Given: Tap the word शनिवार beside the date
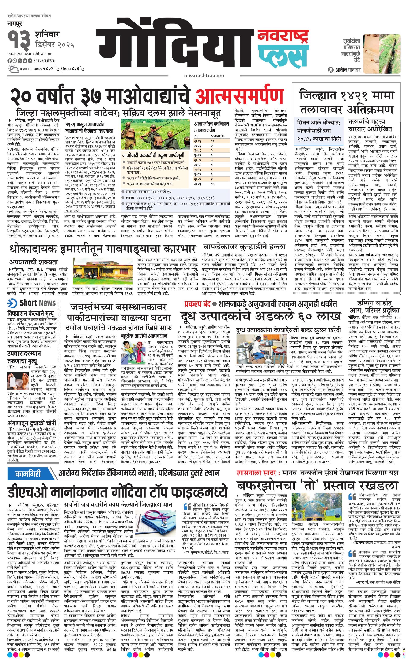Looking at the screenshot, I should (x=47, y=35).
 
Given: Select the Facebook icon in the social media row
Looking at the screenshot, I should (x=10, y=60).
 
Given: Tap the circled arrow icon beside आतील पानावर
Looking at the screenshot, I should (x=330, y=70).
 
